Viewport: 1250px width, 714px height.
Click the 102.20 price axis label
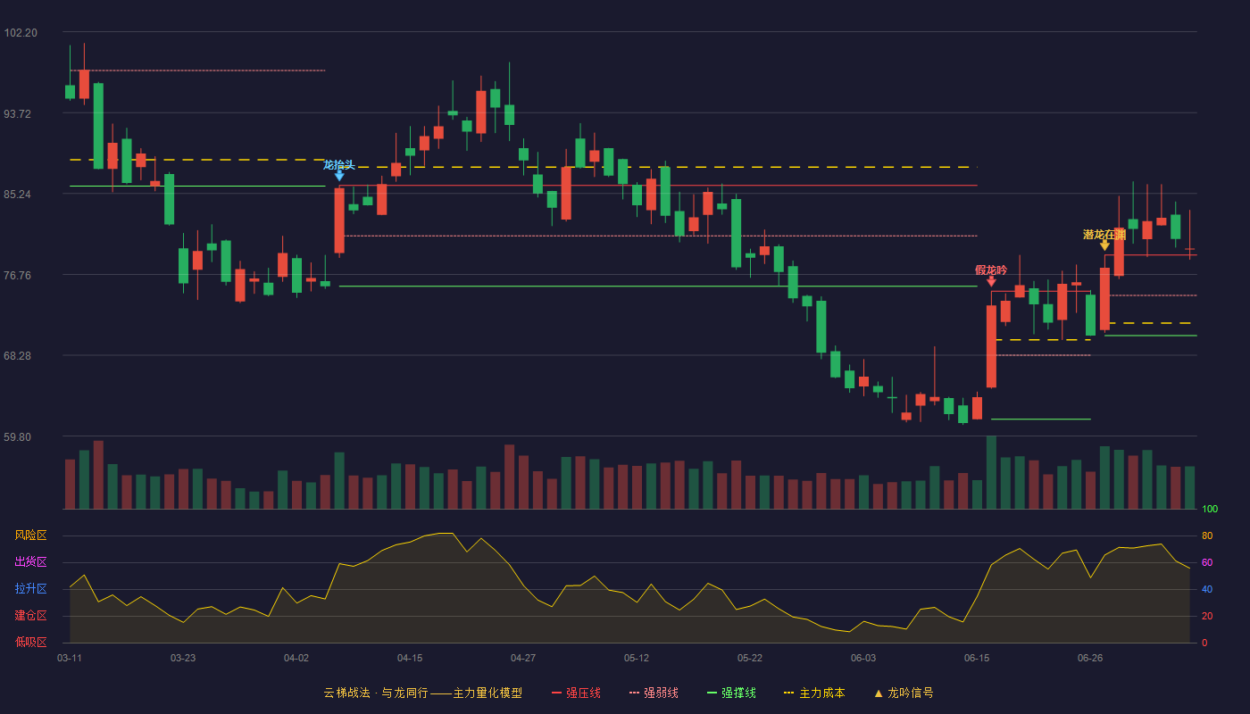pyautogui.click(x=21, y=33)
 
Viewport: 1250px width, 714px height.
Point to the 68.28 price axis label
pyautogui.click(x=17, y=356)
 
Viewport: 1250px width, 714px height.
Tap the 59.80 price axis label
pyautogui.click(x=17, y=436)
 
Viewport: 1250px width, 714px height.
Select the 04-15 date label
pyautogui.click(x=410, y=659)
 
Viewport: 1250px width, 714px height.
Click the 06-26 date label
pyautogui.click(x=1090, y=659)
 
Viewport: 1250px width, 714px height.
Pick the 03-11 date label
pyautogui.click(x=70, y=659)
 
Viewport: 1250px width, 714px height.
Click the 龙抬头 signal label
pyautogui.click(x=338, y=165)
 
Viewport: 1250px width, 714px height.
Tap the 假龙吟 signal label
pyautogui.click(x=991, y=270)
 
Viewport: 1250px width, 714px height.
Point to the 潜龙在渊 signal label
pyautogui.click(x=1104, y=234)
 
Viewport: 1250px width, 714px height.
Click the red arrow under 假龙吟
pyautogui.click(x=991, y=282)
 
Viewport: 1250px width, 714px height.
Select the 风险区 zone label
pyautogui.click(x=30, y=535)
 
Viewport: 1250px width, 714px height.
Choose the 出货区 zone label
pyautogui.click(x=30, y=561)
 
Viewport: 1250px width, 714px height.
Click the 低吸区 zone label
pyautogui.click(x=30, y=642)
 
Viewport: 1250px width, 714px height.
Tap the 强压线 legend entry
pyautogui.click(x=576, y=693)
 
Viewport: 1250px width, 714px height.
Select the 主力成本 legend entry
pyautogui.click(x=814, y=693)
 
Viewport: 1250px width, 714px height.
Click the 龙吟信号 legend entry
pyautogui.click(x=904, y=693)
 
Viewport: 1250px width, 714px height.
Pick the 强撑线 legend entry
pyautogui.click(x=731, y=693)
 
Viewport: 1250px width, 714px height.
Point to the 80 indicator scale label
pyautogui.click(x=1207, y=535)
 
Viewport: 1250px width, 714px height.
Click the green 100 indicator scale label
pyautogui.click(x=1210, y=509)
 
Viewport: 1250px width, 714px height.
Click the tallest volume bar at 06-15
pyautogui.click(x=991, y=472)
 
